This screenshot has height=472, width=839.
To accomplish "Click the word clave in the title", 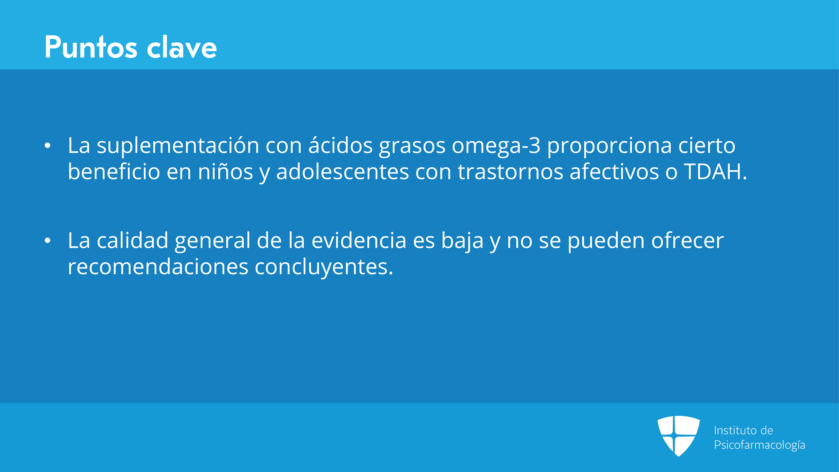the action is coord(182,47).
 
